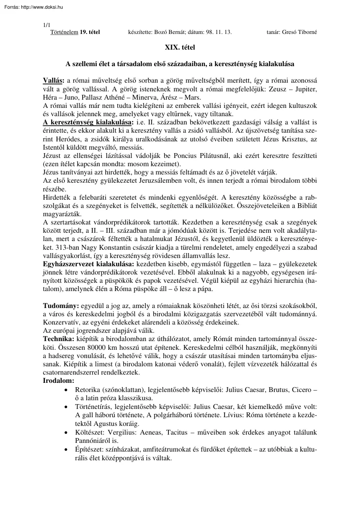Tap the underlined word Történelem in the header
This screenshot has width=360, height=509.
click(x=64, y=32)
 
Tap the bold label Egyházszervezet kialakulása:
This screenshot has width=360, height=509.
click(x=89, y=264)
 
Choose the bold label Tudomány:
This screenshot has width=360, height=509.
click(x=61, y=304)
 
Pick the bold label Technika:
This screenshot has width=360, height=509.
click(x=59, y=338)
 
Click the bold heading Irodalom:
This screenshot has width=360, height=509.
click(x=59, y=379)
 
